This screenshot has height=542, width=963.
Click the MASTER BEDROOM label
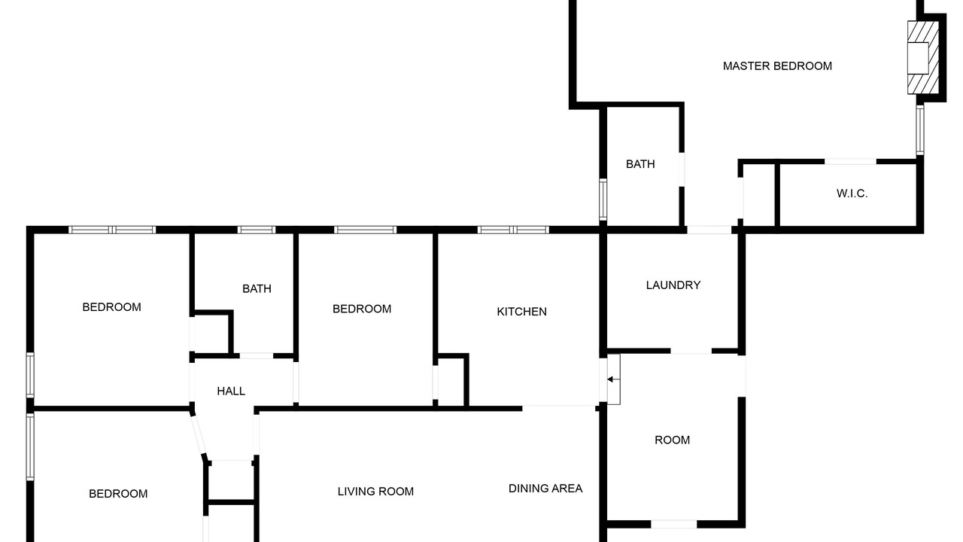pyautogui.click(x=777, y=66)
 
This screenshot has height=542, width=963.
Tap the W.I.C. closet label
pyautogui.click(x=852, y=193)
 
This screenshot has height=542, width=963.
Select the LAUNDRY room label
pyautogui.click(x=673, y=285)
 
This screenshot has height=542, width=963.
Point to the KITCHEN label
pyautogui.click(x=521, y=312)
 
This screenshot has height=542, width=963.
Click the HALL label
pyautogui.click(x=231, y=391)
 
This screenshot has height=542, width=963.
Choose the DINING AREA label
pyautogui.click(x=545, y=489)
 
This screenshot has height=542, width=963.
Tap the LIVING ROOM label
pyautogui.click(x=375, y=492)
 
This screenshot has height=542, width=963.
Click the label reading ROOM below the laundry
pyautogui.click(x=672, y=440)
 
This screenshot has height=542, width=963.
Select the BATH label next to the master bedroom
pyautogui.click(x=640, y=164)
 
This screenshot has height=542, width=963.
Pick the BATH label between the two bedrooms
pyautogui.click(x=257, y=288)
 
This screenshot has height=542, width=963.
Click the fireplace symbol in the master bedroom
pyautogui.click(x=922, y=58)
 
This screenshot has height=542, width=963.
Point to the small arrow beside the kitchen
pyautogui.click(x=613, y=379)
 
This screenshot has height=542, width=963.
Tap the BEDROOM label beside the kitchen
pyautogui.click(x=362, y=309)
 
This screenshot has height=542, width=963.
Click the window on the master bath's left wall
pyautogui.click(x=603, y=200)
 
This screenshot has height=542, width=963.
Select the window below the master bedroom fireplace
pyautogui.click(x=919, y=130)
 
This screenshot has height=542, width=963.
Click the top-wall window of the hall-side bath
pyautogui.click(x=257, y=230)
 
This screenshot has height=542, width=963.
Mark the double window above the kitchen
pyautogui.click(x=513, y=230)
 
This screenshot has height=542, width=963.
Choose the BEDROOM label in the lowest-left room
pyautogui.click(x=118, y=494)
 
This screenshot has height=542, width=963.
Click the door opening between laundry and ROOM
pyautogui.click(x=691, y=352)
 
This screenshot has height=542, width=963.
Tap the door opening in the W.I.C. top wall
pyautogui.click(x=850, y=162)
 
